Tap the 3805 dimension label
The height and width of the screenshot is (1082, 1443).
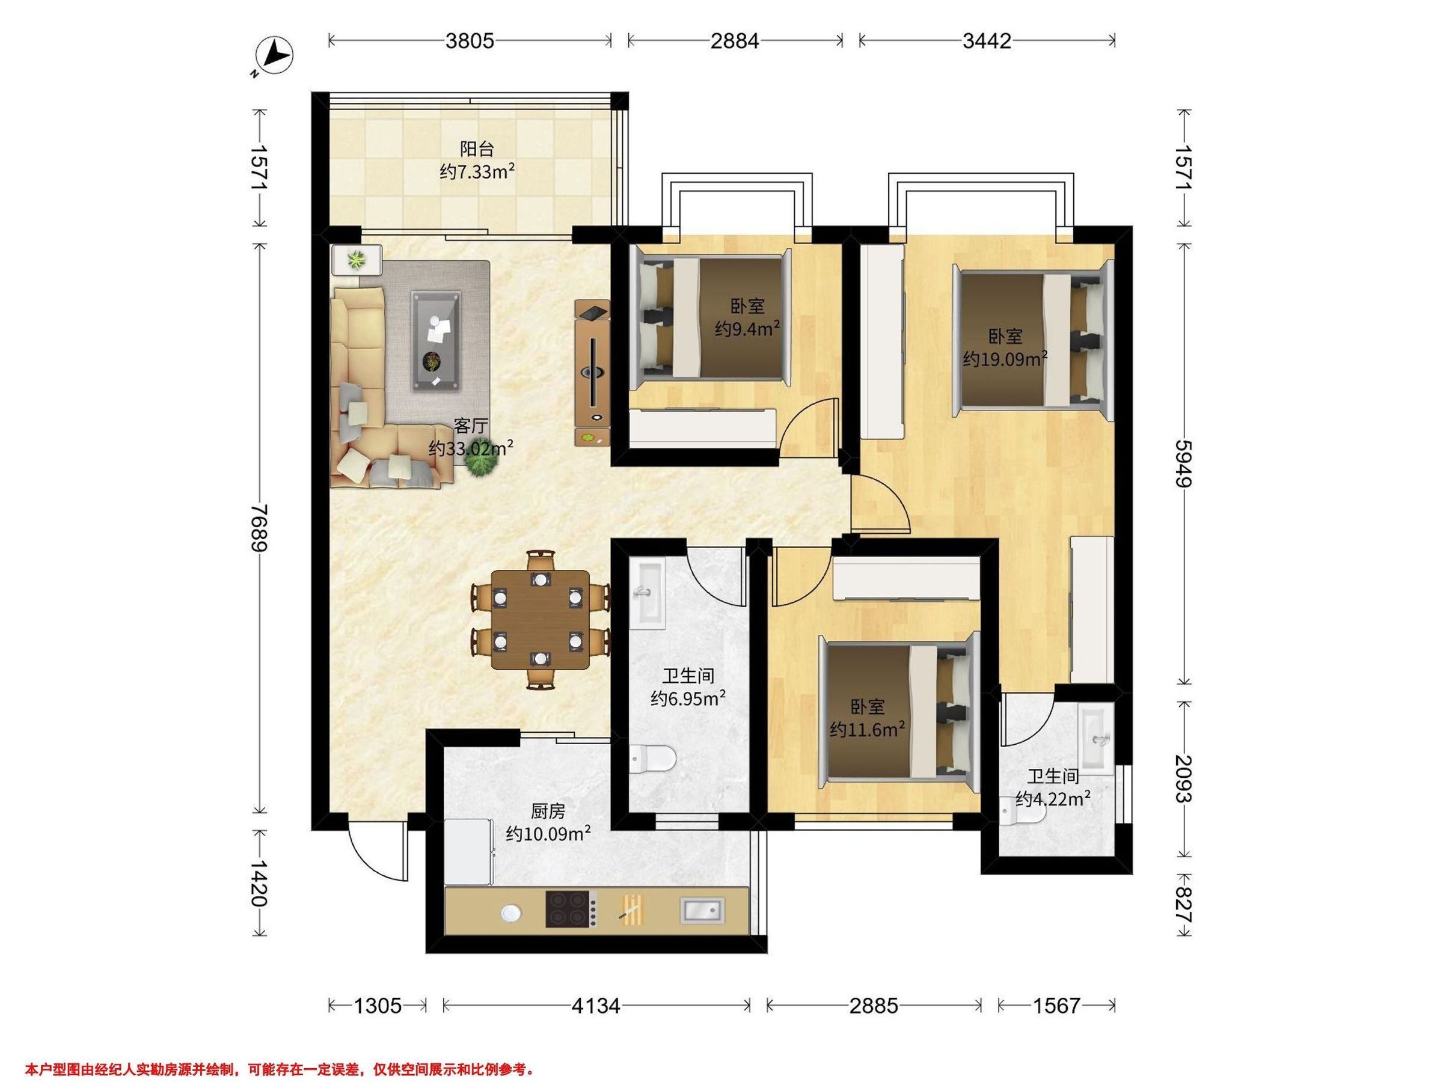pyautogui.click(x=470, y=41)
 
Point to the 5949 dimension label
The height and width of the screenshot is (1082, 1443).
pyautogui.click(x=1183, y=463)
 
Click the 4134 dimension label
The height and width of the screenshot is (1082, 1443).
pyautogui.click(x=596, y=1006)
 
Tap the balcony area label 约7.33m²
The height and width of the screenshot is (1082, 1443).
pyautogui.click(x=477, y=172)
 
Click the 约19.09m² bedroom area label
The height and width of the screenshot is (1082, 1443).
pyautogui.click(x=1005, y=359)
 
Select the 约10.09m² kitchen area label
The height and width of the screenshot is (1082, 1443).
pyautogui.click(x=548, y=834)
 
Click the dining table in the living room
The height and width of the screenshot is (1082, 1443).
pyautogui.click(x=540, y=620)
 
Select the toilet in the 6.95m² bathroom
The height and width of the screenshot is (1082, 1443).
pyautogui.click(x=652, y=759)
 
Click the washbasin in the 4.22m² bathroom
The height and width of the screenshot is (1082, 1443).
pyautogui.click(x=1098, y=739)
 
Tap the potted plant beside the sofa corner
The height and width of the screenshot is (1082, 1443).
pyautogui.click(x=482, y=462)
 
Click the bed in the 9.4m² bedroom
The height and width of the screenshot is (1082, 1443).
pyautogui.click(x=712, y=317)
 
